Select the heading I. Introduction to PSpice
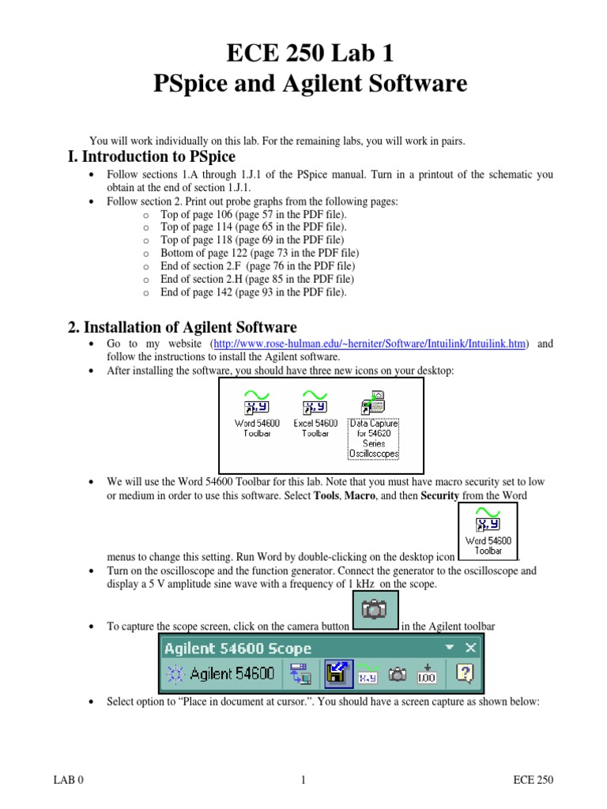point(151,156)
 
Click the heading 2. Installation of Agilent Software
point(182,326)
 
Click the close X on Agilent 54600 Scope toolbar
point(471,648)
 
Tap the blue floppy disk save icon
point(334,674)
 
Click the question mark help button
point(466,674)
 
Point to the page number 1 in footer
point(303,781)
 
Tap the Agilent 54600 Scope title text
point(237,648)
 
